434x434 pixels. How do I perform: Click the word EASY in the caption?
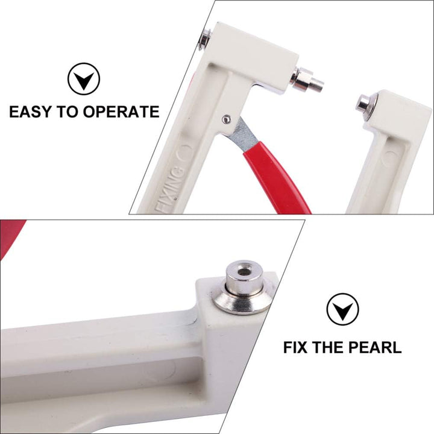point(31,112)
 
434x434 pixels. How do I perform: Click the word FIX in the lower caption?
point(295,347)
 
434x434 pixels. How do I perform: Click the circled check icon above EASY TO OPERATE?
point(84,79)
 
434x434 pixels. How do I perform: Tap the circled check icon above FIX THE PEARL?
point(342,309)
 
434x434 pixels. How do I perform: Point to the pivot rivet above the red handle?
point(227,119)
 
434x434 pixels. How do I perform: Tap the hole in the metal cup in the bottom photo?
point(244,272)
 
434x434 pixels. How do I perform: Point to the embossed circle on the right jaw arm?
point(388,159)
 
